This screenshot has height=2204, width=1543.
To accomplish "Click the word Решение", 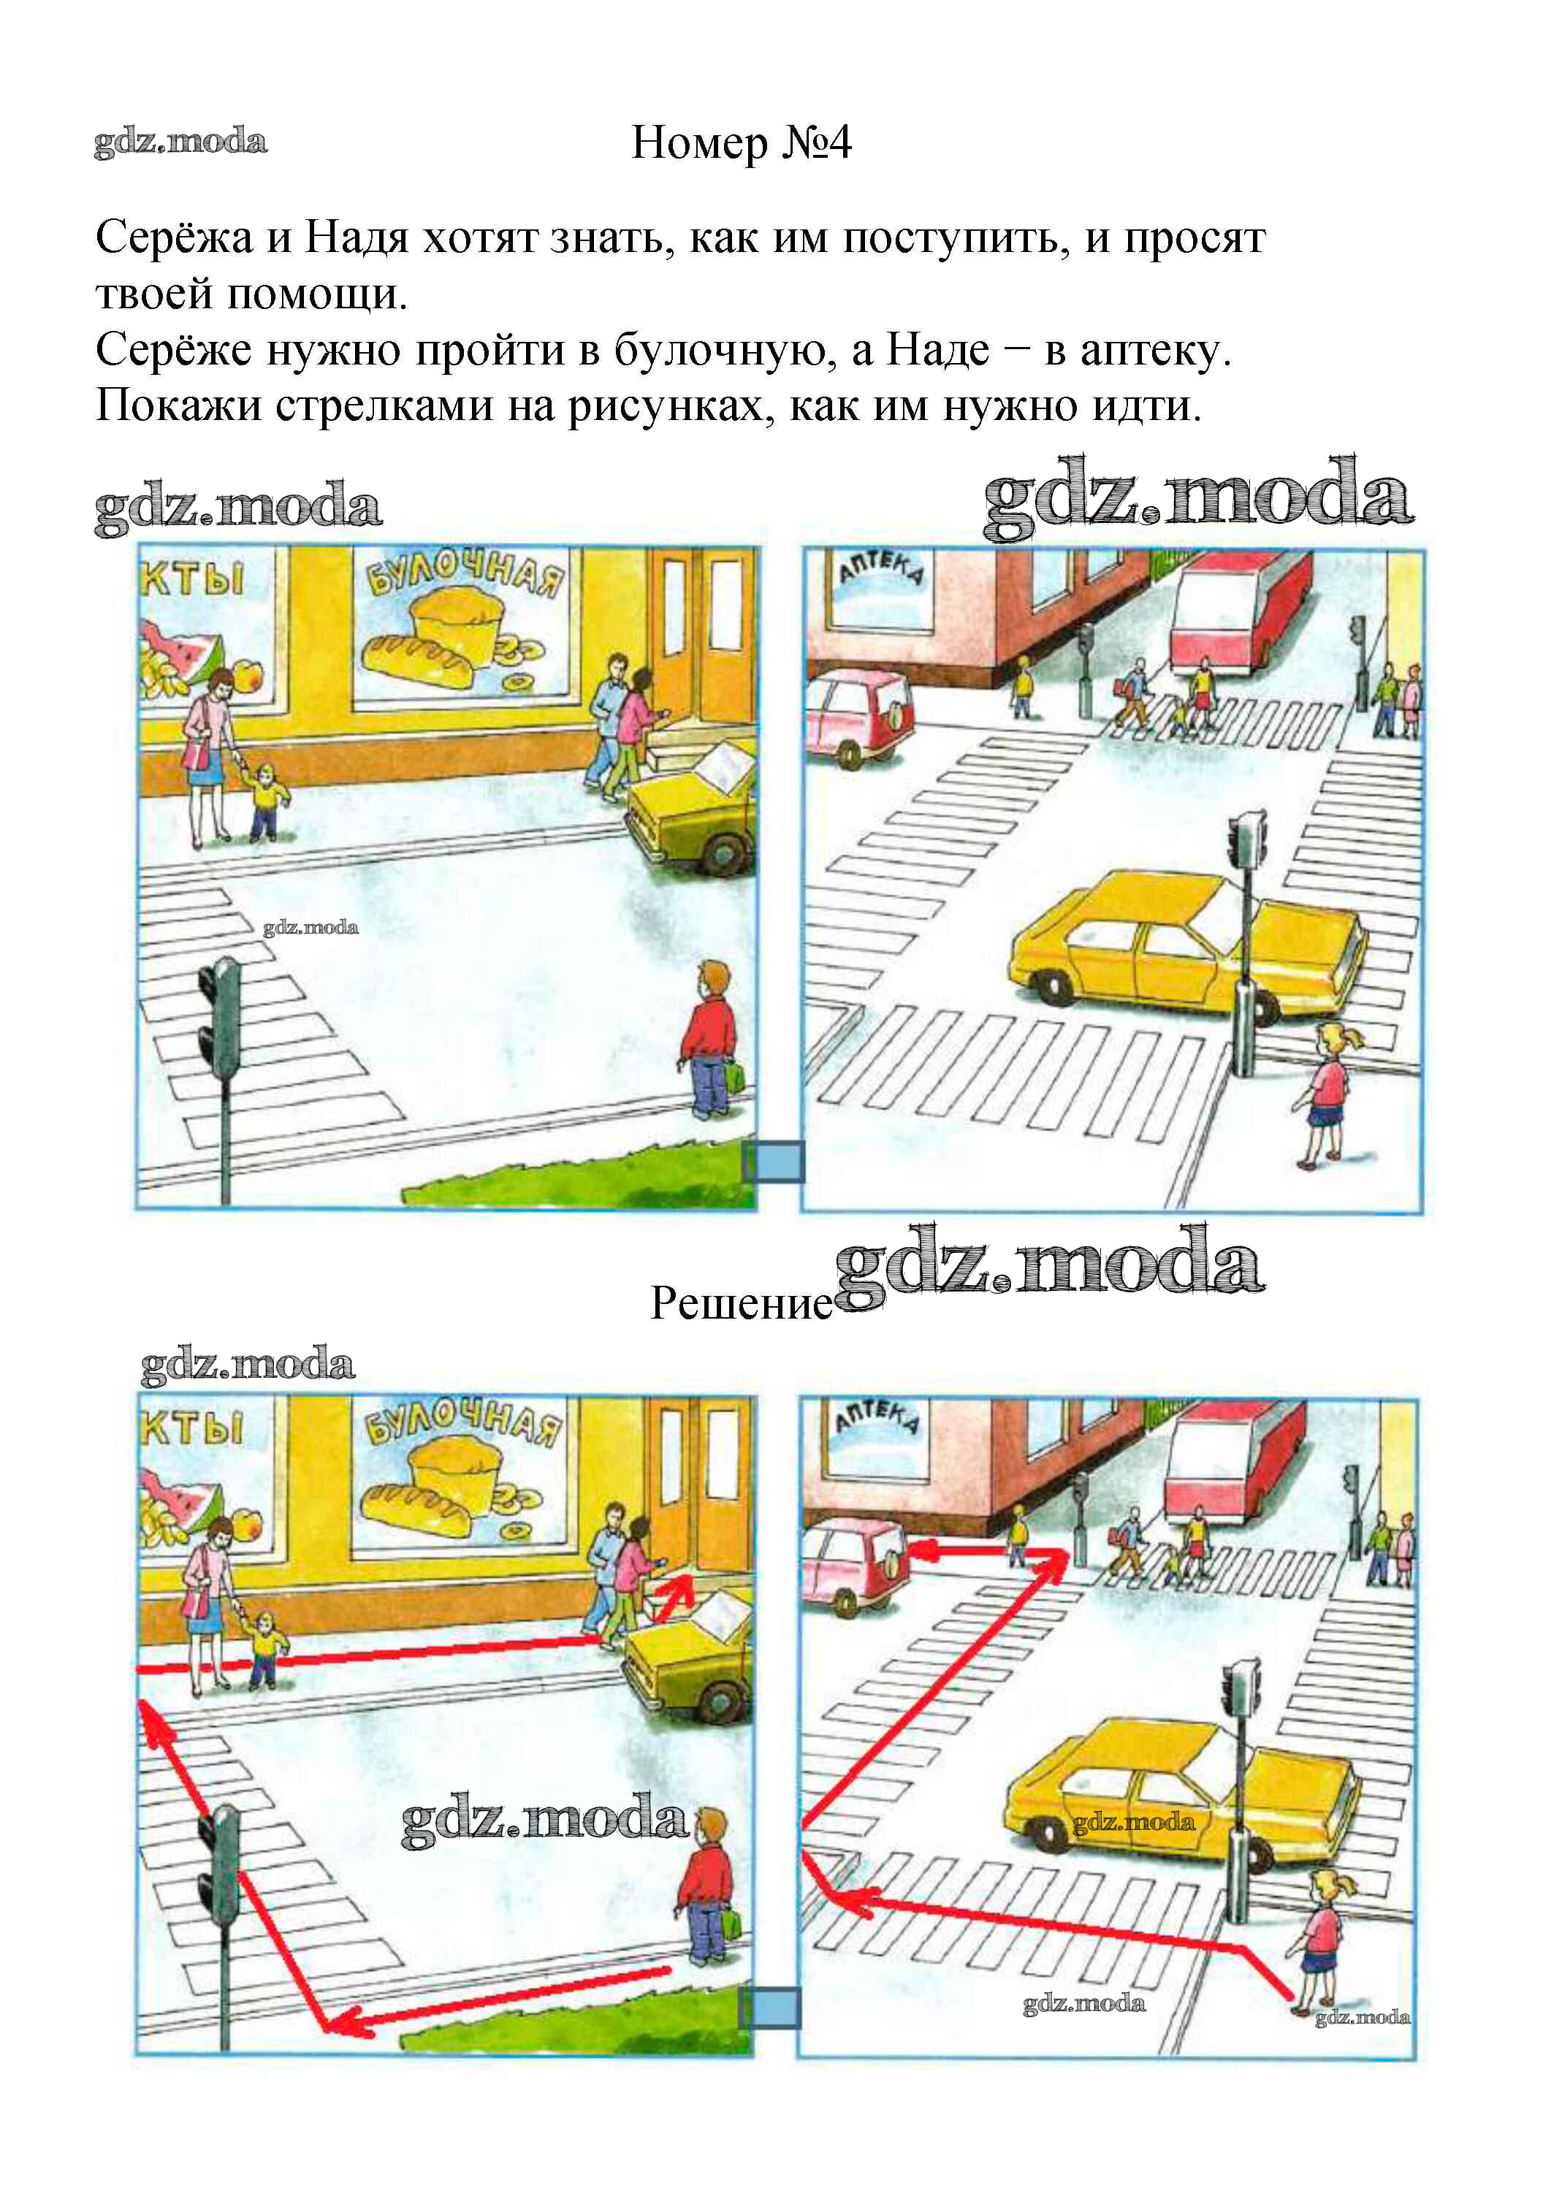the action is [742, 1303].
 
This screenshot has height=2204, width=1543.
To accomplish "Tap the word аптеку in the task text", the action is [1155, 351].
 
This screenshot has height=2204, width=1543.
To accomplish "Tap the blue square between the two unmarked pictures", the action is [774, 1162].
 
